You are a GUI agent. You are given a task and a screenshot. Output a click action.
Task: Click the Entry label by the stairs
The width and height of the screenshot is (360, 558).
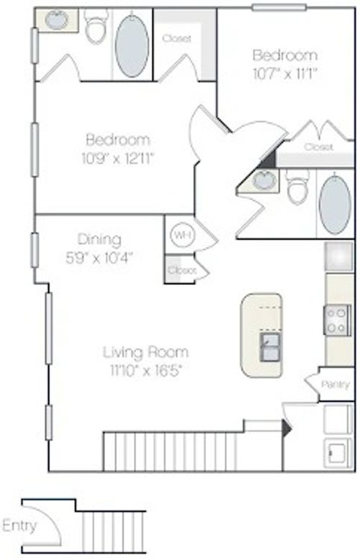point(19,525)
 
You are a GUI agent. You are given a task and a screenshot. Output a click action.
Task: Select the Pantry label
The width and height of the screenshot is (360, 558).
point(334,385)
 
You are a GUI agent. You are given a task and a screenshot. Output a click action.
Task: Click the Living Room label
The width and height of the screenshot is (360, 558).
point(145,352)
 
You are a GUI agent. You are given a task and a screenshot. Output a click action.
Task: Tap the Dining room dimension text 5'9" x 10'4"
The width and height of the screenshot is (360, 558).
point(99,256)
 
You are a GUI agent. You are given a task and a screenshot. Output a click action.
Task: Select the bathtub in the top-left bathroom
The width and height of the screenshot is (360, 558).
point(132,45)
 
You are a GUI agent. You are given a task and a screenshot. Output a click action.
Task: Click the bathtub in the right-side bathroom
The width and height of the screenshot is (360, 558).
point(335,204)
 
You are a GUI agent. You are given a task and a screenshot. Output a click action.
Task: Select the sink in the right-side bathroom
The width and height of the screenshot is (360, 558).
point(264,181)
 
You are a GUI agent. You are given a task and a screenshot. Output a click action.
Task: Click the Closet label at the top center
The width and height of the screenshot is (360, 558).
point(177,39)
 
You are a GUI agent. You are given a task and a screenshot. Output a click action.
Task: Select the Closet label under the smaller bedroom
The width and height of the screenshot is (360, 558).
point(318,147)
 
